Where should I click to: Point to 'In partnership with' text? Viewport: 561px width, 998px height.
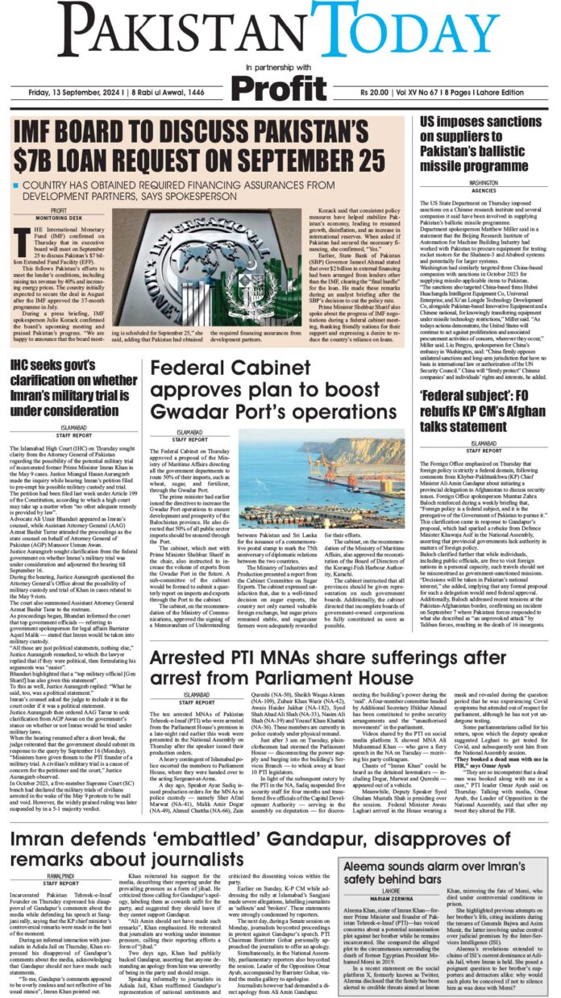tap(280, 68)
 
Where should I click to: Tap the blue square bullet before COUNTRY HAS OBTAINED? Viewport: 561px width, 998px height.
tap(17, 185)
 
